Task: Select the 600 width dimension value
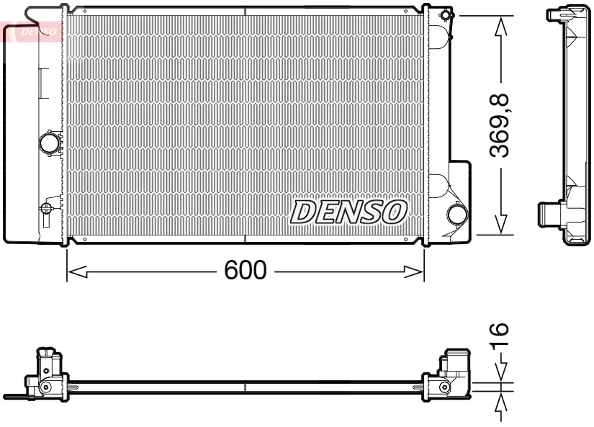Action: click(x=246, y=271)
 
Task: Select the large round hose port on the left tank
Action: click(x=50, y=142)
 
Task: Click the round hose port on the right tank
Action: click(x=456, y=213)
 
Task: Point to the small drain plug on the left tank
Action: click(x=46, y=209)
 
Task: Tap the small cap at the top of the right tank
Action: click(x=446, y=15)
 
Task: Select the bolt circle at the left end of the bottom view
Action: click(x=45, y=387)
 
